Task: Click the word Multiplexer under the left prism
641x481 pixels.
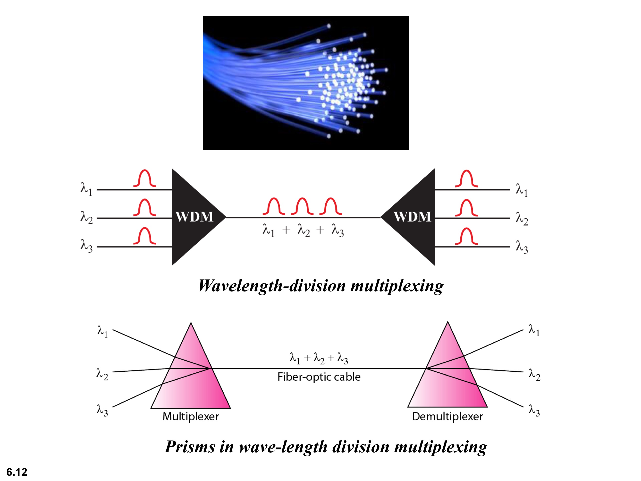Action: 191,416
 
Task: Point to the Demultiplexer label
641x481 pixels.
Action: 447,416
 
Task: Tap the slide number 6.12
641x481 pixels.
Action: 17,472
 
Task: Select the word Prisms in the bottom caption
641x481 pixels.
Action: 190,447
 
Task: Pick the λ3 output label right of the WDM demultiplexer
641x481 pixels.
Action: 522,247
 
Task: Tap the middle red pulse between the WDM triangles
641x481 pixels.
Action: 302,206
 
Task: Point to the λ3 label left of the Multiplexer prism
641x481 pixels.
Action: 102,410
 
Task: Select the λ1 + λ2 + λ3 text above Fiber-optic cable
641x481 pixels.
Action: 319,358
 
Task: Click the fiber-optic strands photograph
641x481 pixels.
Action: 306,83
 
